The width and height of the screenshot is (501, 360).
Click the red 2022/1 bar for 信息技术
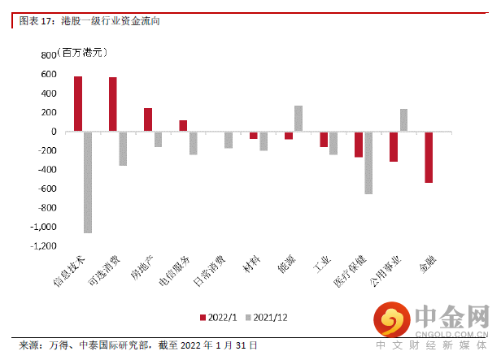coord(78,104)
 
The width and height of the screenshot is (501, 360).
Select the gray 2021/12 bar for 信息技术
coord(88,182)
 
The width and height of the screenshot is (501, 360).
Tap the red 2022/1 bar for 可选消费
coord(113,104)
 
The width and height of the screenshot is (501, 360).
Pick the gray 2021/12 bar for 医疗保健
coord(368,163)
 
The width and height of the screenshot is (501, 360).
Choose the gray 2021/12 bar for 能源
coord(298,119)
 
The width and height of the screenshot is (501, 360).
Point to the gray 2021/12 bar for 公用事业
coord(403,120)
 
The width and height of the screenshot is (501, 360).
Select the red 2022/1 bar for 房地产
coord(148,119)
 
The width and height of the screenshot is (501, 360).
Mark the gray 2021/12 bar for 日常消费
coord(229,140)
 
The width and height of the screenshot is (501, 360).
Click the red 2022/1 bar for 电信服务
coord(183,126)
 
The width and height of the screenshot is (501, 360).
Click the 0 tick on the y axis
coord(53,132)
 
